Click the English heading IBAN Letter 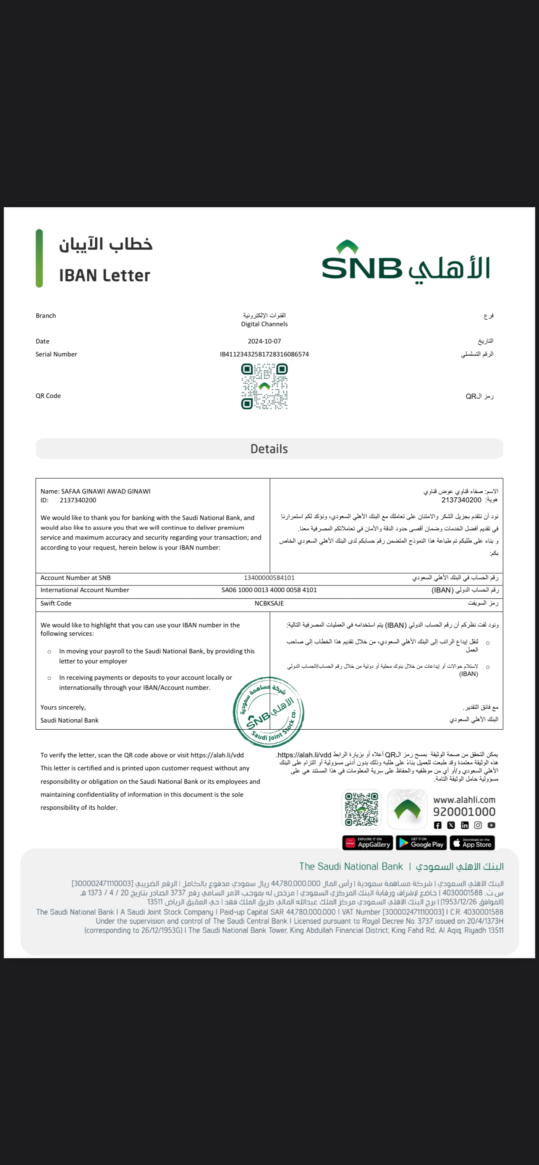[x=105, y=276]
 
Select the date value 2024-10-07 [x=264, y=341]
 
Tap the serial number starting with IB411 [x=264, y=354]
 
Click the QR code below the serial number [x=264, y=387]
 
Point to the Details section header [x=269, y=449]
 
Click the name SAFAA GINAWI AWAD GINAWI [x=105, y=491]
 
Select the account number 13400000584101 [x=269, y=577]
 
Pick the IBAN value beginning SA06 [x=269, y=590]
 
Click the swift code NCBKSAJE [x=269, y=603]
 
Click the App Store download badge [x=473, y=843]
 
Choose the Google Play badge [x=421, y=843]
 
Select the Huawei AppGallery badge [x=367, y=843]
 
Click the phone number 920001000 [x=464, y=812]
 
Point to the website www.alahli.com [x=464, y=800]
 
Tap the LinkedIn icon [x=465, y=825]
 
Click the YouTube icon [x=492, y=825]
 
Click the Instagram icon [x=478, y=825]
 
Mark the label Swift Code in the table [x=56, y=603]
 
